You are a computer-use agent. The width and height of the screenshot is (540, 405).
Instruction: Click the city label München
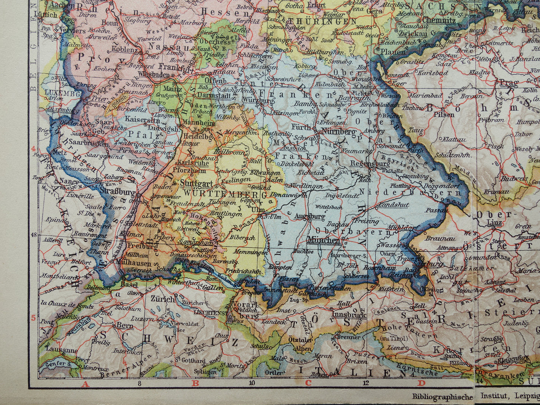[323, 240]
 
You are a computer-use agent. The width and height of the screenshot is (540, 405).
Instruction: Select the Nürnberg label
[338, 132]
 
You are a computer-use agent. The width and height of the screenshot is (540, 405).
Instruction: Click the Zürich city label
[163, 299]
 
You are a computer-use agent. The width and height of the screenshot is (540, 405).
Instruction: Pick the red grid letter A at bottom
[85, 383]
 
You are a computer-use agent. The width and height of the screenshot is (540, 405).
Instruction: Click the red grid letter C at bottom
[308, 383]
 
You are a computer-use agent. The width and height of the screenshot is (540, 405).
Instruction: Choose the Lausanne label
[62, 350]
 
